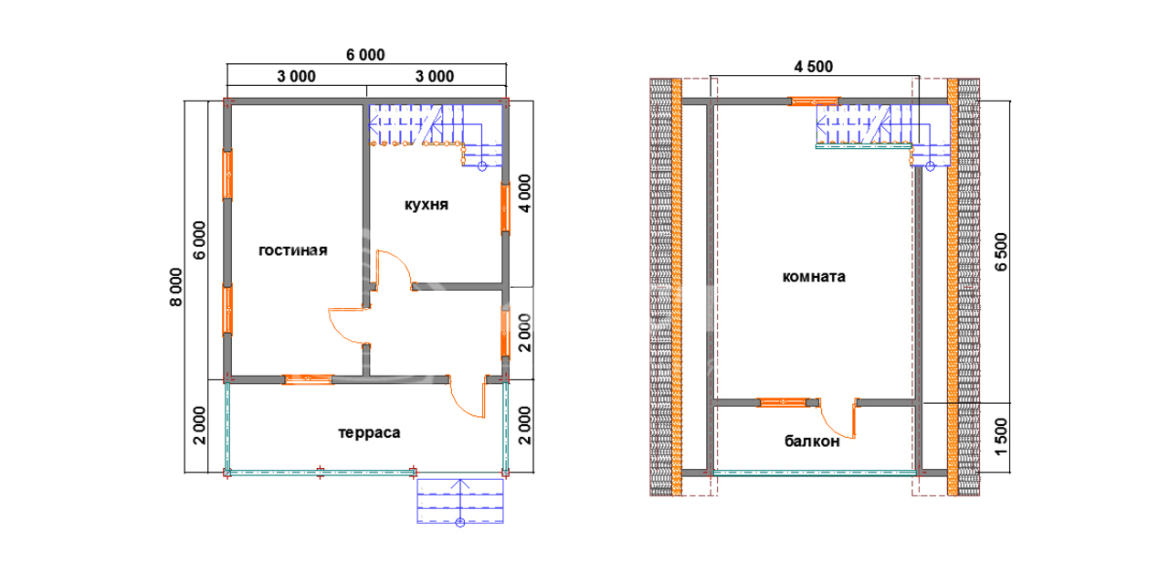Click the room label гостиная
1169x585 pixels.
coord(293,250)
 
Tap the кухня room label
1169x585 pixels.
coord(427,205)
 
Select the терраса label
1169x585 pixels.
coord(369,433)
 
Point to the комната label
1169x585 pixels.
coord(814,276)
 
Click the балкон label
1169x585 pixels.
coord(812,441)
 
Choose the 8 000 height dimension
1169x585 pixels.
coord(176,287)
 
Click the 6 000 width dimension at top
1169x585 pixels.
coord(365,55)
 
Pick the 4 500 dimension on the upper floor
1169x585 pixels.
coord(814,67)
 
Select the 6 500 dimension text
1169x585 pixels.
coord(1001,251)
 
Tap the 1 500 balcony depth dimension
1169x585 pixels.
coord(1001,437)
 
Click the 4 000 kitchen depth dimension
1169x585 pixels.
coord(524,194)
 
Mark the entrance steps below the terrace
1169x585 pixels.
coord(460,500)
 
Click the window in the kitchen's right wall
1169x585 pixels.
coord(505,207)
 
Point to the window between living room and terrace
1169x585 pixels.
coord(308,379)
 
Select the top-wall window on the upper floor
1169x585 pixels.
coord(814,101)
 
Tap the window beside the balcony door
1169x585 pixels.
coord(783,402)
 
